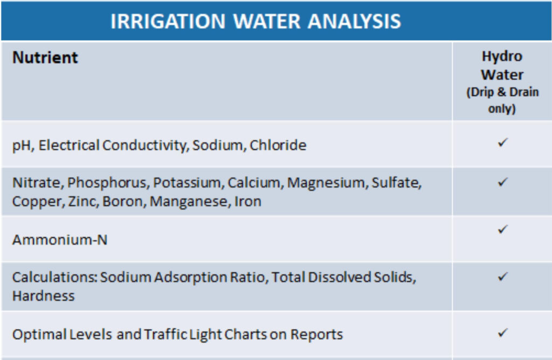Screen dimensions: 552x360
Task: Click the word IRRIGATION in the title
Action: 168,21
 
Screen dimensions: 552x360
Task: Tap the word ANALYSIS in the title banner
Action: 354,21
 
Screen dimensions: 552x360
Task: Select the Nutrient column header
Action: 45,57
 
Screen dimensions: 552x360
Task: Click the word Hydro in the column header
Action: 502,57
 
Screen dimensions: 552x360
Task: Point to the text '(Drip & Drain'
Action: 502,92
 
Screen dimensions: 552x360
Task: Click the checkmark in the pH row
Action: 503,142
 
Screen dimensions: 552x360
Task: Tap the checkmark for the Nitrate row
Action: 503,182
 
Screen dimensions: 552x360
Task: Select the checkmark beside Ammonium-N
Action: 503,230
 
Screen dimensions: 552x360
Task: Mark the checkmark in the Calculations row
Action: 503,276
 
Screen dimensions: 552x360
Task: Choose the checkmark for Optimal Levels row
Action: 503,333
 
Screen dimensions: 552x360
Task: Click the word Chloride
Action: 278,145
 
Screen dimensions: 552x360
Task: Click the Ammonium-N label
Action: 60,240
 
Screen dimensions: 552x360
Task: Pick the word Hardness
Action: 44,296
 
